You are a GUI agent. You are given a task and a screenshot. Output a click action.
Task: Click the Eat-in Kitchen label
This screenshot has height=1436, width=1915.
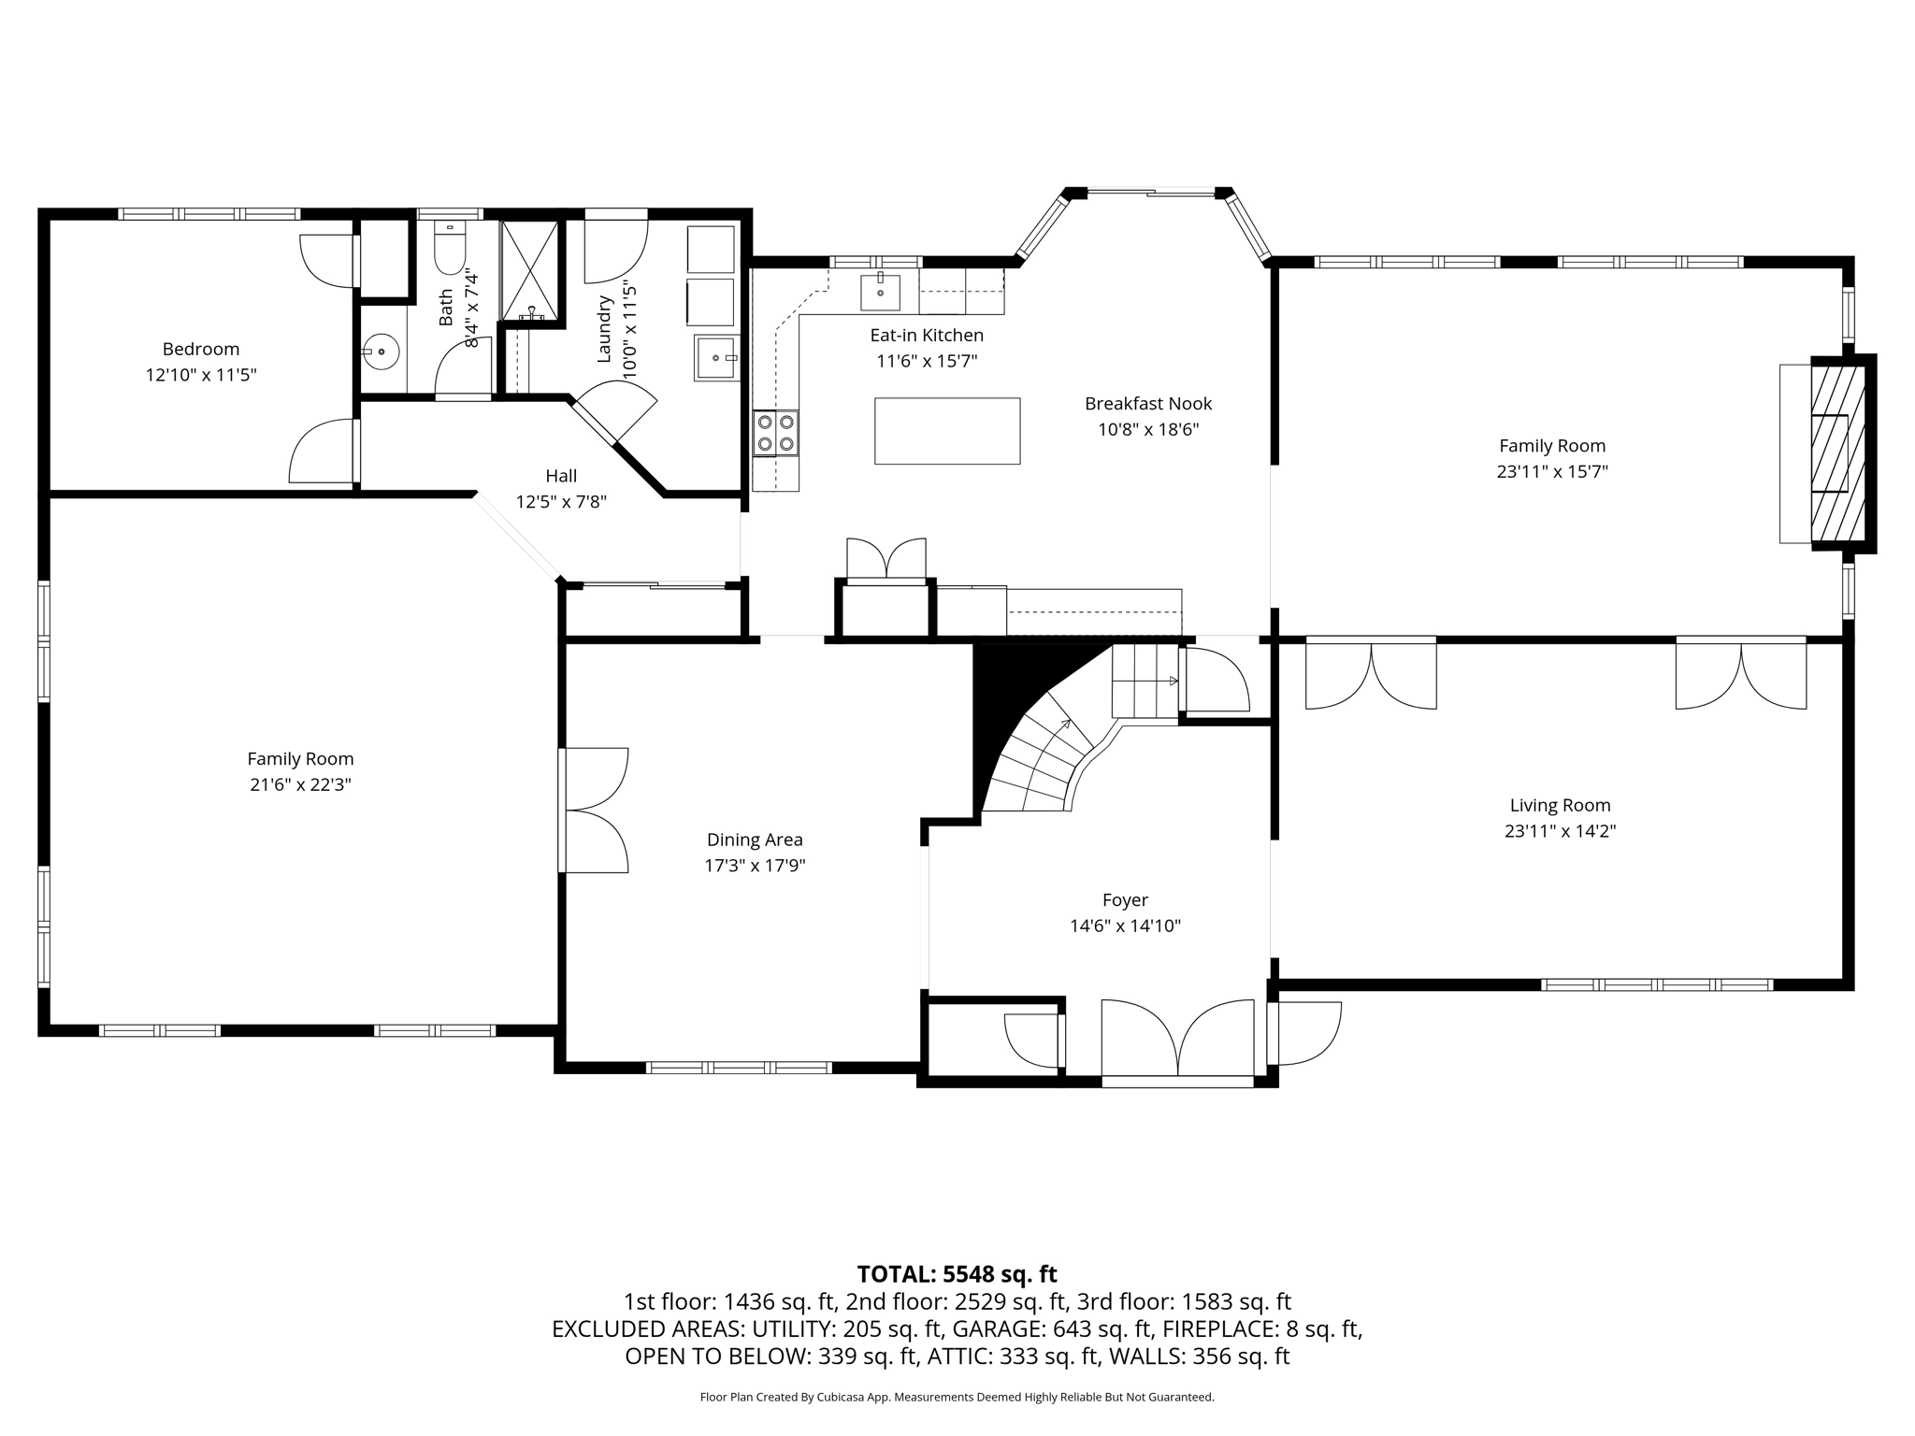point(927,335)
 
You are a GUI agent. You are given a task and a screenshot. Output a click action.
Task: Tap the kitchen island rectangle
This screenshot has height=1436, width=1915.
point(946,431)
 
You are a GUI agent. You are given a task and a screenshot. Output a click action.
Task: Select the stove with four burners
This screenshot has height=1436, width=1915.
point(776,433)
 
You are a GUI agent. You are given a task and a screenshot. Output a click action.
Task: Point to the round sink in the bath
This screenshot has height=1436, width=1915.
point(381,352)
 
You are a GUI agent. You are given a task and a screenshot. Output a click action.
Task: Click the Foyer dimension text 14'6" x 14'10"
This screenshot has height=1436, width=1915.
point(1125,926)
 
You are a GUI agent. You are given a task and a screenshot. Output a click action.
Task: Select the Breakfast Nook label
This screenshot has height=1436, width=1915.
point(1148,404)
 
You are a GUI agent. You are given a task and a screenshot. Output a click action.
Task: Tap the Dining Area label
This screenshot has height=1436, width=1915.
point(755,840)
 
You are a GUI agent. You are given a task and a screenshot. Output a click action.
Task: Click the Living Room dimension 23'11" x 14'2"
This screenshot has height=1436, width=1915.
point(1560,830)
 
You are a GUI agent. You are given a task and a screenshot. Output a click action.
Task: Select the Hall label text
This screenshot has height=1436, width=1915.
point(561,476)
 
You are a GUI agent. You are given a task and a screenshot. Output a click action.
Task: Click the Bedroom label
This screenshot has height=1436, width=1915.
point(201,349)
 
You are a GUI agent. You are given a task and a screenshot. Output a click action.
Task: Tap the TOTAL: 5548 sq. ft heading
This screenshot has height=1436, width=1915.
point(957,1273)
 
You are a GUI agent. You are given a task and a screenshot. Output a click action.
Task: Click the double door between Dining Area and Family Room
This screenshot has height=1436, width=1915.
point(595,810)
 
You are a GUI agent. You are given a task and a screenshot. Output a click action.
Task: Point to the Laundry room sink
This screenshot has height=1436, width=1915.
point(716,358)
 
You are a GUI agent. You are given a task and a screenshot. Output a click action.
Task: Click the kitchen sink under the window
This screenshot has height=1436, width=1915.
point(880,292)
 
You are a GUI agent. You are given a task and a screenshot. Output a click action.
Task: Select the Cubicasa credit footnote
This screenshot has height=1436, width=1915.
point(957,1397)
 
